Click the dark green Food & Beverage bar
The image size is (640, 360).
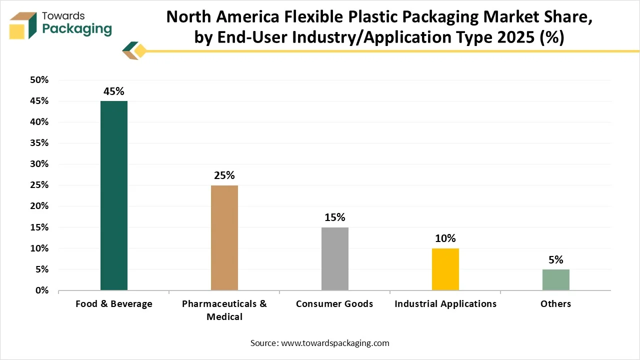click(114, 195)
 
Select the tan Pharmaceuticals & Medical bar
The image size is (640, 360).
click(224, 237)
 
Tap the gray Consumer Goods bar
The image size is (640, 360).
click(335, 258)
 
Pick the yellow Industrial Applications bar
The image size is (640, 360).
click(445, 269)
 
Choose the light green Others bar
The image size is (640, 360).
click(556, 279)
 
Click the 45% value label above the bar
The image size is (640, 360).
click(114, 91)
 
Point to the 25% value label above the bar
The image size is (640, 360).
click(224, 175)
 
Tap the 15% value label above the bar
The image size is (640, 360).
click(335, 217)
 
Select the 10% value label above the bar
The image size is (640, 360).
click(445, 238)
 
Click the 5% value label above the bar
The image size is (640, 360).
click(556, 260)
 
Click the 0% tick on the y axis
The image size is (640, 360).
click(41, 290)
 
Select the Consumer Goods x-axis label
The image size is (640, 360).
click(334, 304)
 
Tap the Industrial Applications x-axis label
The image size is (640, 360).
click(445, 304)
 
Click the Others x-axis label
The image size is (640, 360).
click(555, 304)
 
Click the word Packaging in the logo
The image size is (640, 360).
click(77, 29)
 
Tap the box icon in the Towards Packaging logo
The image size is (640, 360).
click(23, 25)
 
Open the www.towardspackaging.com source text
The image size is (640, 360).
click(335, 343)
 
